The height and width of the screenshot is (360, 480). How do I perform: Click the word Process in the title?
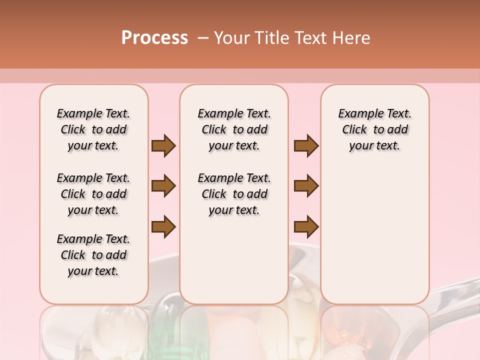[x=154, y=38]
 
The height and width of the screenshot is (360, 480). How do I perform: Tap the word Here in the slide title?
[x=351, y=38]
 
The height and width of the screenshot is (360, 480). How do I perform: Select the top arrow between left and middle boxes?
[x=163, y=145]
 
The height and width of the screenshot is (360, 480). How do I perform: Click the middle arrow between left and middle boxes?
[x=163, y=186]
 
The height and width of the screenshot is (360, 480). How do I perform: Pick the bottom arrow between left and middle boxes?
[x=163, y=226]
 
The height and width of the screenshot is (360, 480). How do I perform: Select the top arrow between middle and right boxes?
[x=306, y=145]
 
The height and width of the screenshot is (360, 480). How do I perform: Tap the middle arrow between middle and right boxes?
[x=306, y=186]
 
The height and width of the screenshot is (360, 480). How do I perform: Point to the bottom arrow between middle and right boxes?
[x=306, y=226]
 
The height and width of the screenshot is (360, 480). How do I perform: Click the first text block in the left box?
[x=93, y=129]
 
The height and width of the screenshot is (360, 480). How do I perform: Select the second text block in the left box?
[x=93, y=194]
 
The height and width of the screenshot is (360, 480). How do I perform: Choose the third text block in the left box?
[x=93, y=255]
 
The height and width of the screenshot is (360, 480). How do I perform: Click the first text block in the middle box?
[x=234, y=129]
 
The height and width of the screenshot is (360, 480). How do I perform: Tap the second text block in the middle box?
[x=234, y=194]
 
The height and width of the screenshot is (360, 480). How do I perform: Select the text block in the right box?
[x=375, y=129]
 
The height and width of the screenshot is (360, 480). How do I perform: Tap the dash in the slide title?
[x=203, y=38]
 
